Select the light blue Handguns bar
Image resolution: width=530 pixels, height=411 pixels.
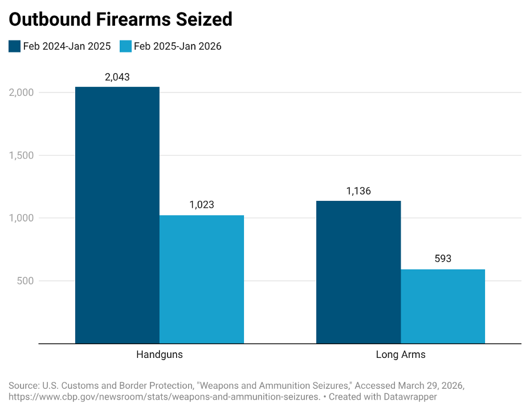coord(202,279)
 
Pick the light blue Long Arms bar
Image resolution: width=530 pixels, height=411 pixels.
coord(443,306)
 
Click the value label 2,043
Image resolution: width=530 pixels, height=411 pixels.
coord(117,77)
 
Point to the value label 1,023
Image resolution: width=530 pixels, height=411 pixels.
coord(202,205)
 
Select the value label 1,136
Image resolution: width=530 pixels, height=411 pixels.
coord(358,191)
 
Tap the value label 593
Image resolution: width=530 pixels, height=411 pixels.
coord(443,259)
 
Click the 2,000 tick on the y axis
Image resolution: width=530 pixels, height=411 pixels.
coord(22,92)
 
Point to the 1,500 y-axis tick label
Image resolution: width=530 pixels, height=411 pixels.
coord(22,155)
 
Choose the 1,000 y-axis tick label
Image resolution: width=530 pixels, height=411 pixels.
coord(22,218)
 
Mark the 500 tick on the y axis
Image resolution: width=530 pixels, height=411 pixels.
coord(26,281)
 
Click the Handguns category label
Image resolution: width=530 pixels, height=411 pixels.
coord(160,354)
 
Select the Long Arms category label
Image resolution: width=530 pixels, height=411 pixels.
coord(401,354)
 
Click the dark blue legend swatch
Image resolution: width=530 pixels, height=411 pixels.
coord(14,46)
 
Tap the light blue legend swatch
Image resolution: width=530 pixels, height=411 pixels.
coord(125,46)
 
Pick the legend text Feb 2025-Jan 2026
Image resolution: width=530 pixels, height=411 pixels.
coord(178,46)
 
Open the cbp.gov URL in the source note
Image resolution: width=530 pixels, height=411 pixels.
coord(165,396)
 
